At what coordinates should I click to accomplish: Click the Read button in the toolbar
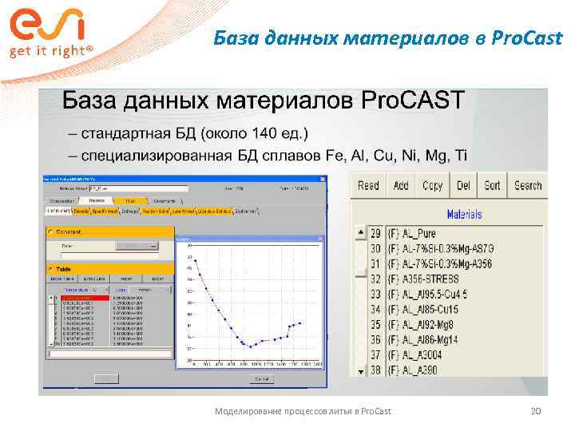pos(368,185)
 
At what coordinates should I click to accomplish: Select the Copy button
pos(432,185)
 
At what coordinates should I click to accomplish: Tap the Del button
pos(463,185)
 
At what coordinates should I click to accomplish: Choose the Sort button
pos(492,185)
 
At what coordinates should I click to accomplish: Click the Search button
pos(528,185)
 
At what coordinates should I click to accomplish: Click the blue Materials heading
pos(464,214)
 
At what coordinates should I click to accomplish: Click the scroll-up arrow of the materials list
pos(357,233)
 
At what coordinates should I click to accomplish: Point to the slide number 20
pos(536,411)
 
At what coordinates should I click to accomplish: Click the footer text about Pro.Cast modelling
pos(303,411)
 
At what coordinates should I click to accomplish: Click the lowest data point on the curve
pos(250,346)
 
